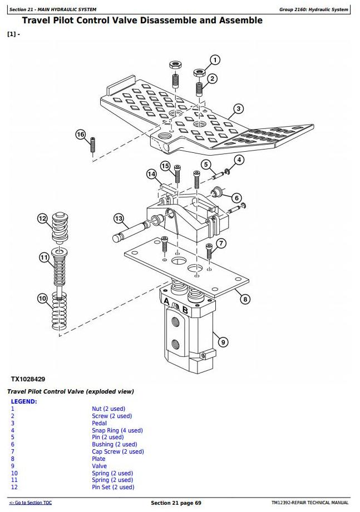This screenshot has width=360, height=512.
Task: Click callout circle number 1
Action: click(215, 60)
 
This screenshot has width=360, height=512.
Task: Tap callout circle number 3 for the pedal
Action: click(238, 109)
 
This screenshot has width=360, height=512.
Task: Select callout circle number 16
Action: click(81, 135)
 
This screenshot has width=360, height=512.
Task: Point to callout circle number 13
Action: click(119, 218)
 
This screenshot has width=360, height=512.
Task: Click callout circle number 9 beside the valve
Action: click(223, 342)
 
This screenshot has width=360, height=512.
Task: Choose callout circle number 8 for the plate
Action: click(245, 299)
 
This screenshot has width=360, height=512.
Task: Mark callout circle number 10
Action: click(42, 299)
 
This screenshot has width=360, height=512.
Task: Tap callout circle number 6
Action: click(236, 198)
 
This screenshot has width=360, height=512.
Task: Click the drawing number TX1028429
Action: click(28, 379)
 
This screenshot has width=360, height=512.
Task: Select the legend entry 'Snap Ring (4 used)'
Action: click(117, 430)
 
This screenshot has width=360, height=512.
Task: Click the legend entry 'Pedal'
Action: click(99, 423)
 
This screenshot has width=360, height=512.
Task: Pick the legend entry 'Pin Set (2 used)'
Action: click(113, 487)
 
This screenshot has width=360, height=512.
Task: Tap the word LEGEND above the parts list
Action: click(24, 401)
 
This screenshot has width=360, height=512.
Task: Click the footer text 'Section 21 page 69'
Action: click(176, 503)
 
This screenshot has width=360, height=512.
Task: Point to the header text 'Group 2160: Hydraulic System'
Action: click(313, 9)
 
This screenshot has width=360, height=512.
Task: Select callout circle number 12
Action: click(42, 218)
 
